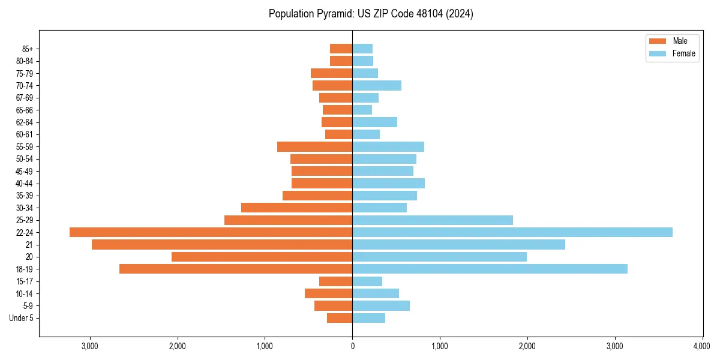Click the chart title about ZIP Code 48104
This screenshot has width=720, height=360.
[x=371, y=14]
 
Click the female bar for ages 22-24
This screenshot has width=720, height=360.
[x=512, y=232]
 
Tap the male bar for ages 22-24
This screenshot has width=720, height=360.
[x=211, y=232]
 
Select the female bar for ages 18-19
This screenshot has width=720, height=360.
[x=490, y=269]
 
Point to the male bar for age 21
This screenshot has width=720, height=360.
[x=222, y=244]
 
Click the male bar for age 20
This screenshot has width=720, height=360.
[x=262, y=257]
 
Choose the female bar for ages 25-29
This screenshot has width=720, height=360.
[x=433, y=220]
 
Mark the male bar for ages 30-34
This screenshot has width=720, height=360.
[x=296, y=208]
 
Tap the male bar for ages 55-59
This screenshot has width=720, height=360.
[x=314, y=146]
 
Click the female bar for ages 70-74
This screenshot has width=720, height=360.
[x=377, y=85]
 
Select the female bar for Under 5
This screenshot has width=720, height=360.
[x=368, y=318]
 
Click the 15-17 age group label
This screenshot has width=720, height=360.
[x=25, y=281]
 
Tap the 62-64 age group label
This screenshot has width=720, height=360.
[x=25, y=122]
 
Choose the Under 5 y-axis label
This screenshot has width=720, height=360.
[x=22, y=318]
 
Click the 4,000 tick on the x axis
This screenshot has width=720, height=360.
[x=702, y=346]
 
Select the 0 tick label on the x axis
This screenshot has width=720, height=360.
[x=352, y=346]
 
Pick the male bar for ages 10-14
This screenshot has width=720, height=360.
[x=328, y=293]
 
